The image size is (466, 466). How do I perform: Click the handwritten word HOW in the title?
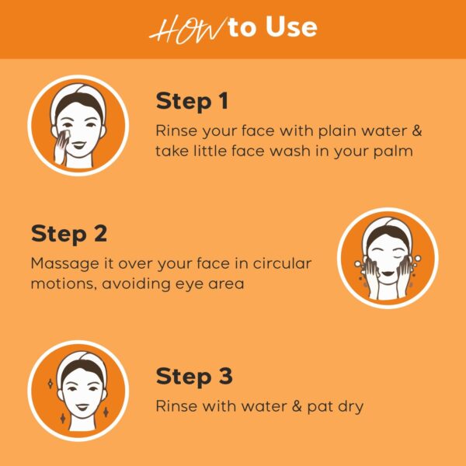point(177,29)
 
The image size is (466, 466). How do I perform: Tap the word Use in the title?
point(289,28)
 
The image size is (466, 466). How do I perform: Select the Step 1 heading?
point(193,102)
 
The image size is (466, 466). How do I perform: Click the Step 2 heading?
point(68,234)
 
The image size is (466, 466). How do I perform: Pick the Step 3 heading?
point(194,377)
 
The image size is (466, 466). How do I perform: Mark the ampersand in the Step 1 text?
point(416,130)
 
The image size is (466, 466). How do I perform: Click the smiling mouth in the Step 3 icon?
point(78,403)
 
